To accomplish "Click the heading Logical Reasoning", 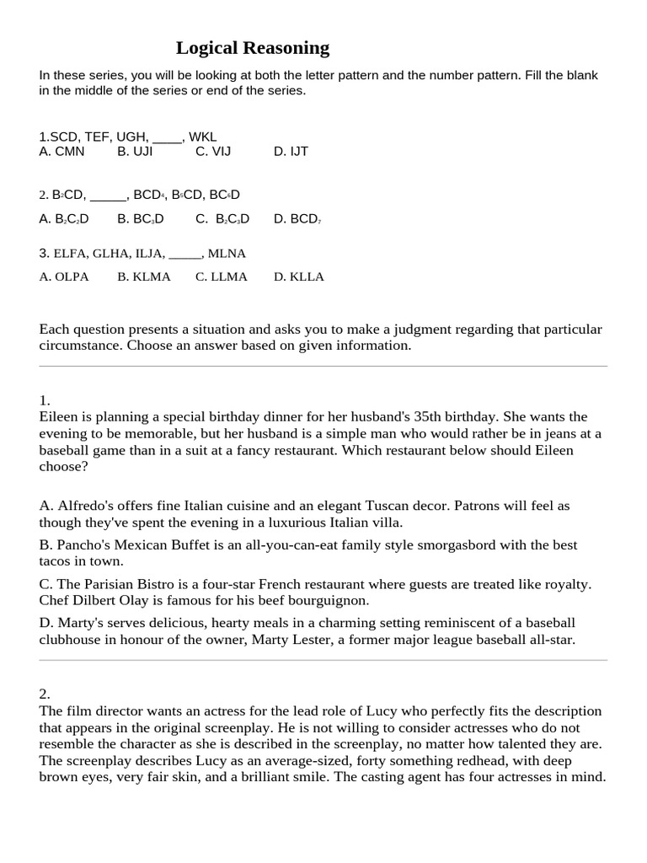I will click(x=253, y=47).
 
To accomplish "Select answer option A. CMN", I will click(x=62, y=152).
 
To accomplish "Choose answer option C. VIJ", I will click(x=213, y=152).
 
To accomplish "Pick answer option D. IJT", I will click(x=291, y=152).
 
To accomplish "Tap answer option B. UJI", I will click(x=135, y=152).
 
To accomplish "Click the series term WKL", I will click(x=203, y=137).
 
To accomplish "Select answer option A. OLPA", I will click(x=64, y=276).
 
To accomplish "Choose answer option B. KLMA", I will click(x=144, y=276).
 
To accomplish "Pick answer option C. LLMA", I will click(x=222, y=276).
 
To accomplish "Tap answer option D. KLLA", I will click(x=299, y=276).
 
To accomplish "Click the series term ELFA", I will click(x=70, y=253).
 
